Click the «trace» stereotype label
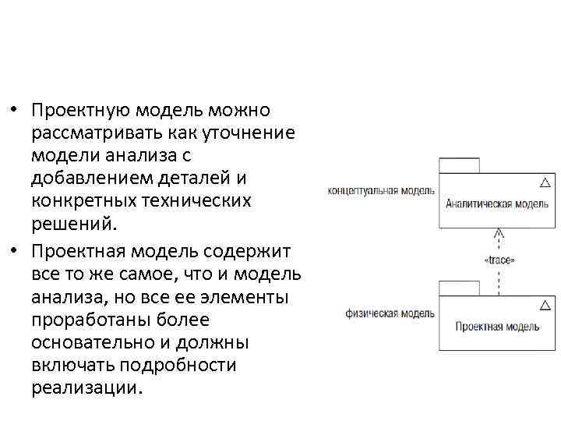(x=499, y=260)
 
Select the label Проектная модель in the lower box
(x=496, y=327)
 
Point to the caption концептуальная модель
(x=376, y=190)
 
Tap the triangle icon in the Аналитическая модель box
(x=545, y=182)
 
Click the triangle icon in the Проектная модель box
(x=545, y=305)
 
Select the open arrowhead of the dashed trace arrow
(x=499, y=232)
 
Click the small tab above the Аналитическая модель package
(x=459, y=165)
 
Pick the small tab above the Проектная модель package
(x=459, y=287)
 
